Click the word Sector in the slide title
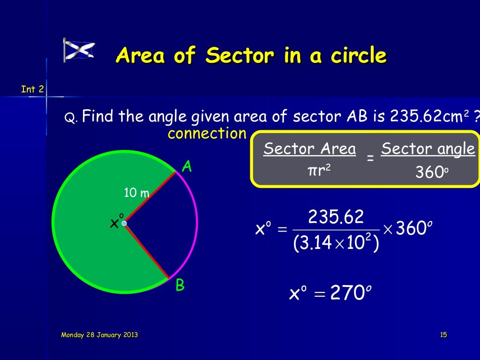click(240, 56)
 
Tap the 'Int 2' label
click(32, 89)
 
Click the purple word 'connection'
click(207, 134)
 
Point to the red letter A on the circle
click(187, 167)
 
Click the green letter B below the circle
click(180, 285)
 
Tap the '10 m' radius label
click(136, 192)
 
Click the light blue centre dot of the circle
click(124, 224)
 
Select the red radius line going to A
click(150, 198)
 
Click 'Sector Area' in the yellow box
click(309, 149)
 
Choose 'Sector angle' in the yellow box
click(427, 149)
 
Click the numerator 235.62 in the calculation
click(336, 217)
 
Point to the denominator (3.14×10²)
click(336, 243)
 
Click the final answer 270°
click(347, 294)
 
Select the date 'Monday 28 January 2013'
click(99, 335)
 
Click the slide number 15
click(443, 335)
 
